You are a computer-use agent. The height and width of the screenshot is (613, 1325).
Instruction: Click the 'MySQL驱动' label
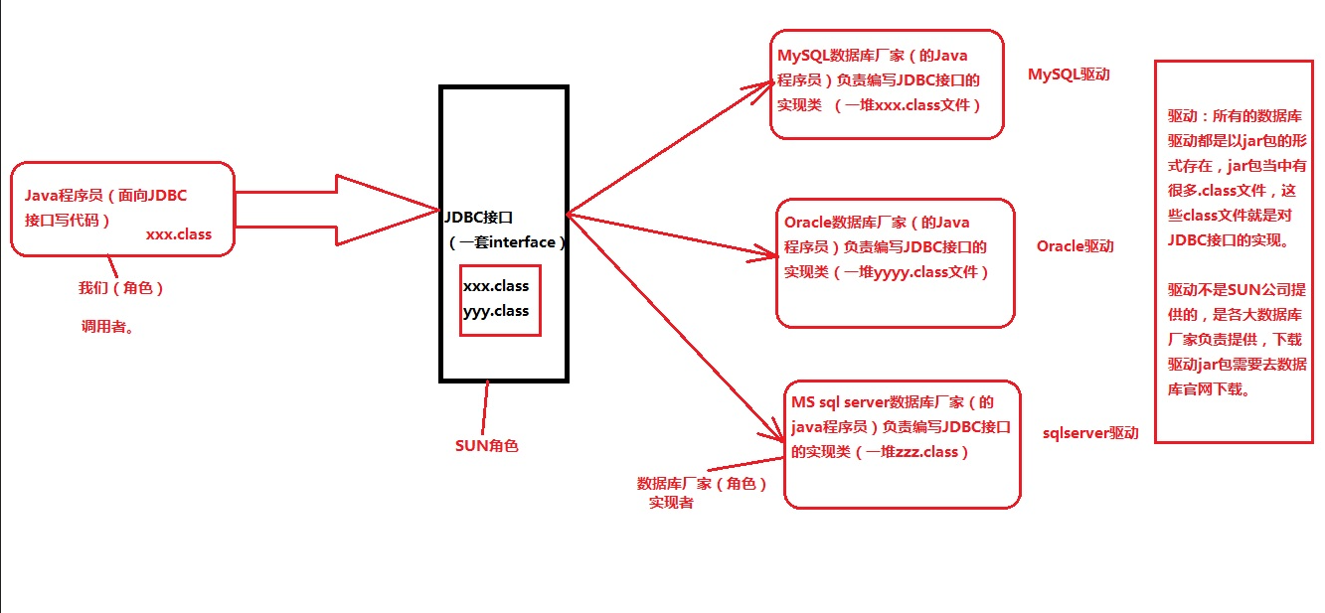click(x=1069, y=75)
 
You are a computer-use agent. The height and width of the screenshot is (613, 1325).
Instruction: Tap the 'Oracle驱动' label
click(x=1075, y=245)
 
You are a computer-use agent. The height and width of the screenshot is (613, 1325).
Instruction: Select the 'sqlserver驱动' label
click(x=1090, y=433)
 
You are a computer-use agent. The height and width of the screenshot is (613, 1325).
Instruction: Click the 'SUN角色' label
click(x=486, y=446)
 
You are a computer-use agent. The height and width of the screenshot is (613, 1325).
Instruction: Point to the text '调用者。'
click(x=107, y=326)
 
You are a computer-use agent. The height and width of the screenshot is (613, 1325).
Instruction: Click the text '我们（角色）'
click(x=120, y=288)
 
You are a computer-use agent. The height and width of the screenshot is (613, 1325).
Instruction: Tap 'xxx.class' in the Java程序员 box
click(x=178, y=235)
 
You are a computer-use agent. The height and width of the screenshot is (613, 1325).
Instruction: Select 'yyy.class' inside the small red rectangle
click(x=495, y=311)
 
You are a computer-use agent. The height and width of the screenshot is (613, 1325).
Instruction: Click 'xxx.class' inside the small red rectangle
click(x=495, y=286)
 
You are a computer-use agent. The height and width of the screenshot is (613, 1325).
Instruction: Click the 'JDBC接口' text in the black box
click(x=480, y=216)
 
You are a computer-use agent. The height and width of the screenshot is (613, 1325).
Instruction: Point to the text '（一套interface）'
click(x=505, y=242)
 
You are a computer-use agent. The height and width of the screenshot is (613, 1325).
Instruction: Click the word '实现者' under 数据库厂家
click(x=671, y=503)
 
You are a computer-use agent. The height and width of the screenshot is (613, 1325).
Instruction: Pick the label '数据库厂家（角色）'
click(x=702, y=484)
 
